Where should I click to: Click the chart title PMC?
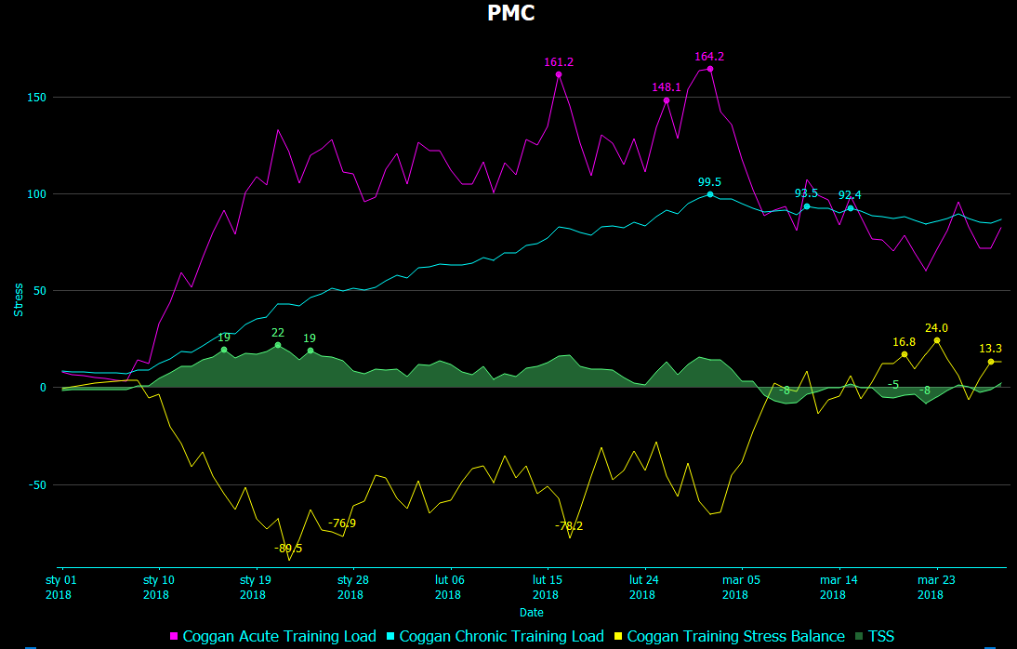[x=510, y=13]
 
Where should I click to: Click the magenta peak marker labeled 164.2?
[x=710, y=69]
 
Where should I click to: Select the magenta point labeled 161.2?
[x=559, y=74]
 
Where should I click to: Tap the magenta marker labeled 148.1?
[x=667, y=100]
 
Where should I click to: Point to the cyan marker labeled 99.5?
[x=710, y=194]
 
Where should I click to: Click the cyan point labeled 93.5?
[x=806, y=206]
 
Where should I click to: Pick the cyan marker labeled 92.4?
[x=850, y=208]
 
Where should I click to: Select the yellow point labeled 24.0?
[x=936, y=340]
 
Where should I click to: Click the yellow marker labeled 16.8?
[x=904, y=354]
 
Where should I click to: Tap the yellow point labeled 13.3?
[x=990, y=362]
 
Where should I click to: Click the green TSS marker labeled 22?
[x=277, y=345]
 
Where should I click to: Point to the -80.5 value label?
[x=288, y=548]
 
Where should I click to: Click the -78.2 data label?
[x=569, y=526]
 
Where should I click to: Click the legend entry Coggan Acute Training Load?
[x=279, y=637]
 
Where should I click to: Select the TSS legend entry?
[x=880, y=637]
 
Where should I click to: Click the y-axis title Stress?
[x=18, y=299]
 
